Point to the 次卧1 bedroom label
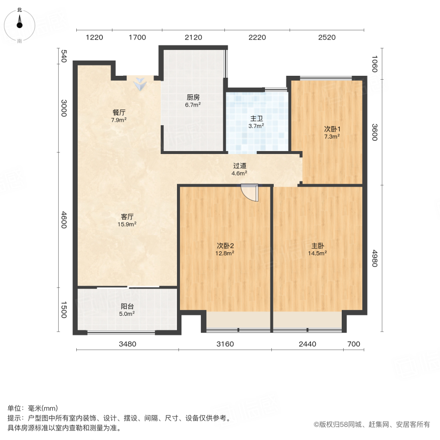(x=332, y=129)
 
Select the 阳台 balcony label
(x=127, y=307)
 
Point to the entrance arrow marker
(x=141, y=84)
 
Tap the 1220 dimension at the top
(x=95, y=37)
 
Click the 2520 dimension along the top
(x=327, y=37)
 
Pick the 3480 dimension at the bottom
(x=127, y=344)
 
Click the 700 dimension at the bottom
(x=353, y=344)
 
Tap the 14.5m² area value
(x=317, y=253)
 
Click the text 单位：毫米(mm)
(x=33, y=409)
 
